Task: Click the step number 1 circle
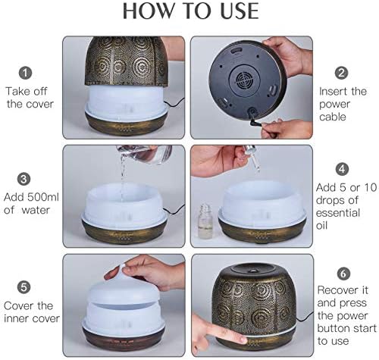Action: click(x=25, y=73)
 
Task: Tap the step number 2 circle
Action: click(x=341, y=73)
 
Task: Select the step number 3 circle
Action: click(x=23, y=179)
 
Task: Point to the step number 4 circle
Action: click(x=342, y=169)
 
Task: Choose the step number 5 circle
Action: click(x=23, y=287)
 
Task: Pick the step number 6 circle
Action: click(x=343, y=274)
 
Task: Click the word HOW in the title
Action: click(x=149, y=11)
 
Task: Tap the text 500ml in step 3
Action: click(x=43, y=197)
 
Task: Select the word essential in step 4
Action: click(x=338, y=213)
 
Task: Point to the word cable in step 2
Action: click(x=333, y=117)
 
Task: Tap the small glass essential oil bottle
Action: click(x=205, y=221)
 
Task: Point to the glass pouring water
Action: click(x=145, y=153)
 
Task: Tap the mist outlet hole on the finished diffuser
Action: click(x=252, y=271)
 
